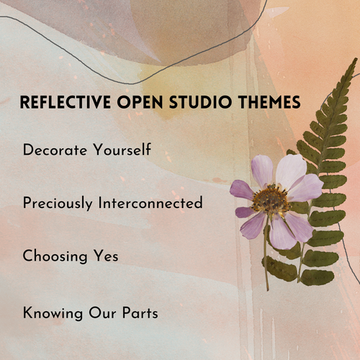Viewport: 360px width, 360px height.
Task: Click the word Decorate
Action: coord(56,151)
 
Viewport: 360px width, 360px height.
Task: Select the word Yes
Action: coord(104,256)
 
